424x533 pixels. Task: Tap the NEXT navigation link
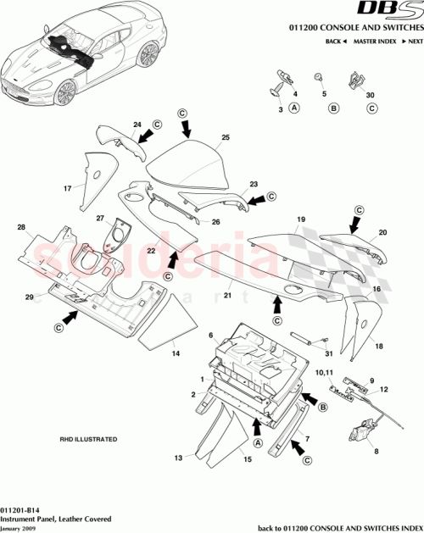[414, 41]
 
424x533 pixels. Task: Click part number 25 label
[226, 136]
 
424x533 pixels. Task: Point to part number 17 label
[64, 188]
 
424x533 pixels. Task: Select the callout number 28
[21, 227]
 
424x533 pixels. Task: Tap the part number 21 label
[227, 296]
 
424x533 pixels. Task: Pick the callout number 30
[370, 94]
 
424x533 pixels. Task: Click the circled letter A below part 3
[293, 108]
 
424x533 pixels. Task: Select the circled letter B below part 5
[333, 108]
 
